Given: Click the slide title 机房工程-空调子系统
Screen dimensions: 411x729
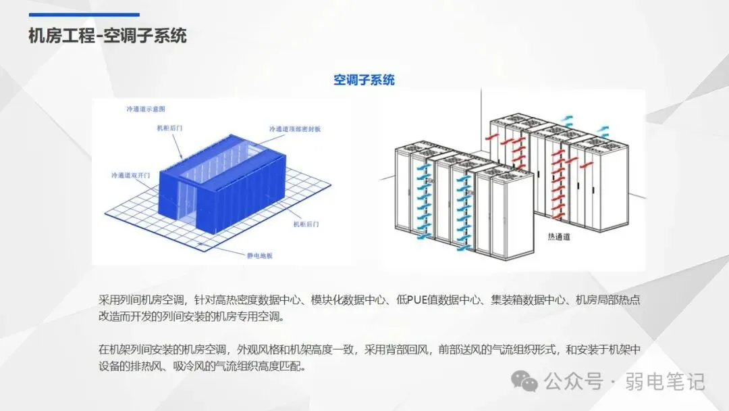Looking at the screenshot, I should (x=107, y=35).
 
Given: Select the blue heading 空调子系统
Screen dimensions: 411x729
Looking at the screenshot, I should (x=364, y=80).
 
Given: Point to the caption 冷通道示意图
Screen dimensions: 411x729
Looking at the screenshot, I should (x=146, y=109).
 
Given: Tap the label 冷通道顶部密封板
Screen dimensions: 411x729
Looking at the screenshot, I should (x=295, y=128).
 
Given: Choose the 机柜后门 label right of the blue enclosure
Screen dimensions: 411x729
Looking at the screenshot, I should (x=306, y=223).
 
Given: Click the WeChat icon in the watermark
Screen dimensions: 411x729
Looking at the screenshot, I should (x=524, y=381).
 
